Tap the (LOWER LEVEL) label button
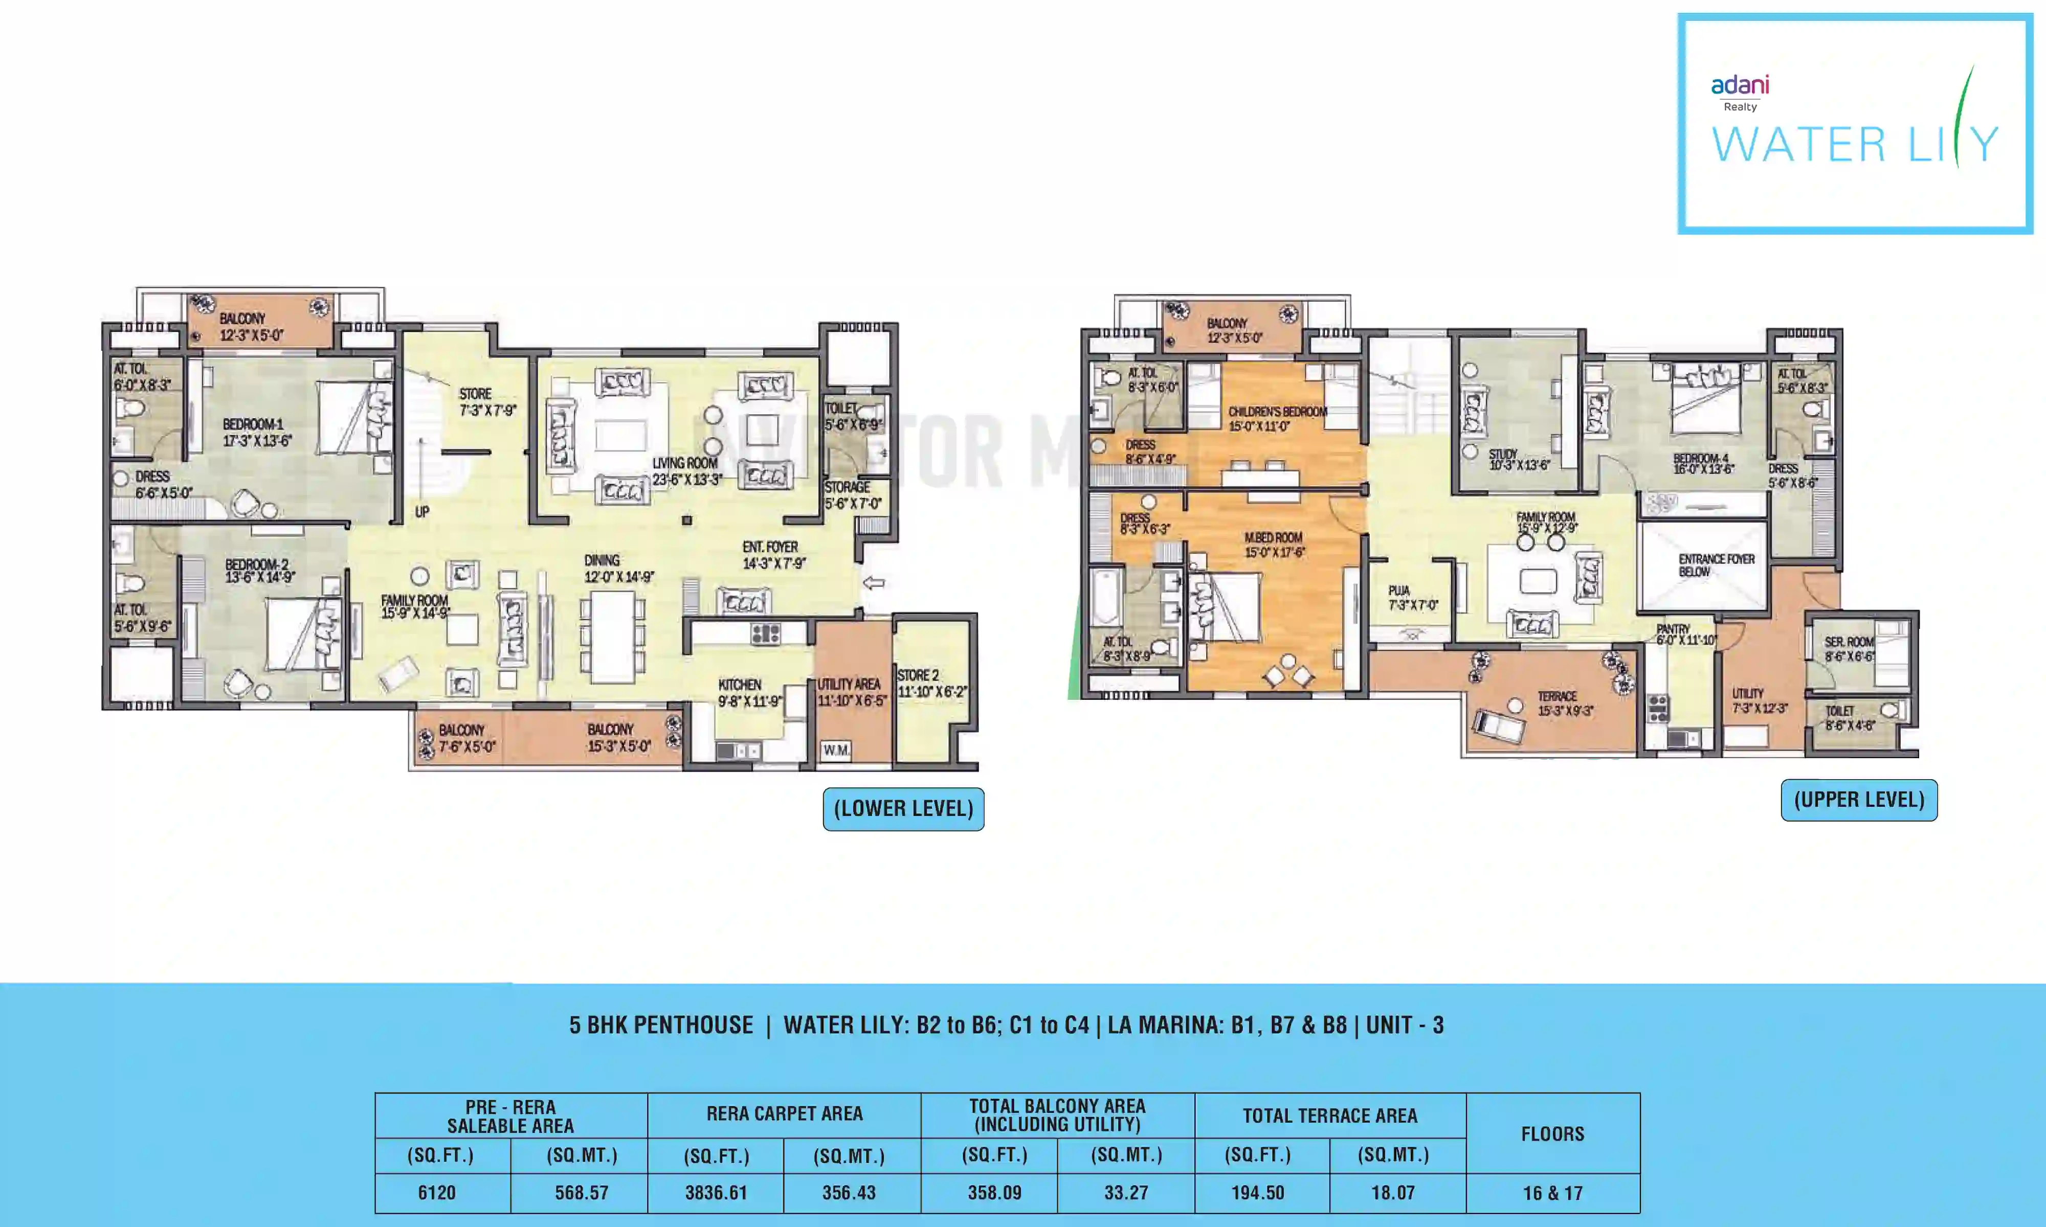903,809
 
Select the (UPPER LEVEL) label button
1858,800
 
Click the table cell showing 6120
437,1192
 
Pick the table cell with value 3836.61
716,1192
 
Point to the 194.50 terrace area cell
1257,1192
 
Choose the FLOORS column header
1552,1133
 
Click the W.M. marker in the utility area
835,750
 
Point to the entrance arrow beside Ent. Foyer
873,583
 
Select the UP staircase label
422,512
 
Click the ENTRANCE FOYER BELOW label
1716,565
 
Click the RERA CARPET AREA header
784,1114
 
